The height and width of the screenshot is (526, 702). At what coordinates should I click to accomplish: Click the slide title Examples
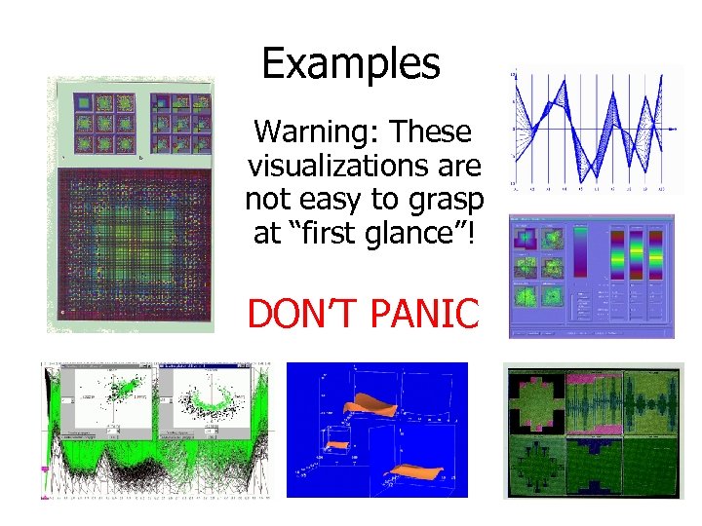tap(351, 64)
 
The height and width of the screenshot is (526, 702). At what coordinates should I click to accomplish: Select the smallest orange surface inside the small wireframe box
tap(337, 445)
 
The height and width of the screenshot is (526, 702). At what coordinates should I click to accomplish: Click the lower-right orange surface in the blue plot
tap(429, 475)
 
